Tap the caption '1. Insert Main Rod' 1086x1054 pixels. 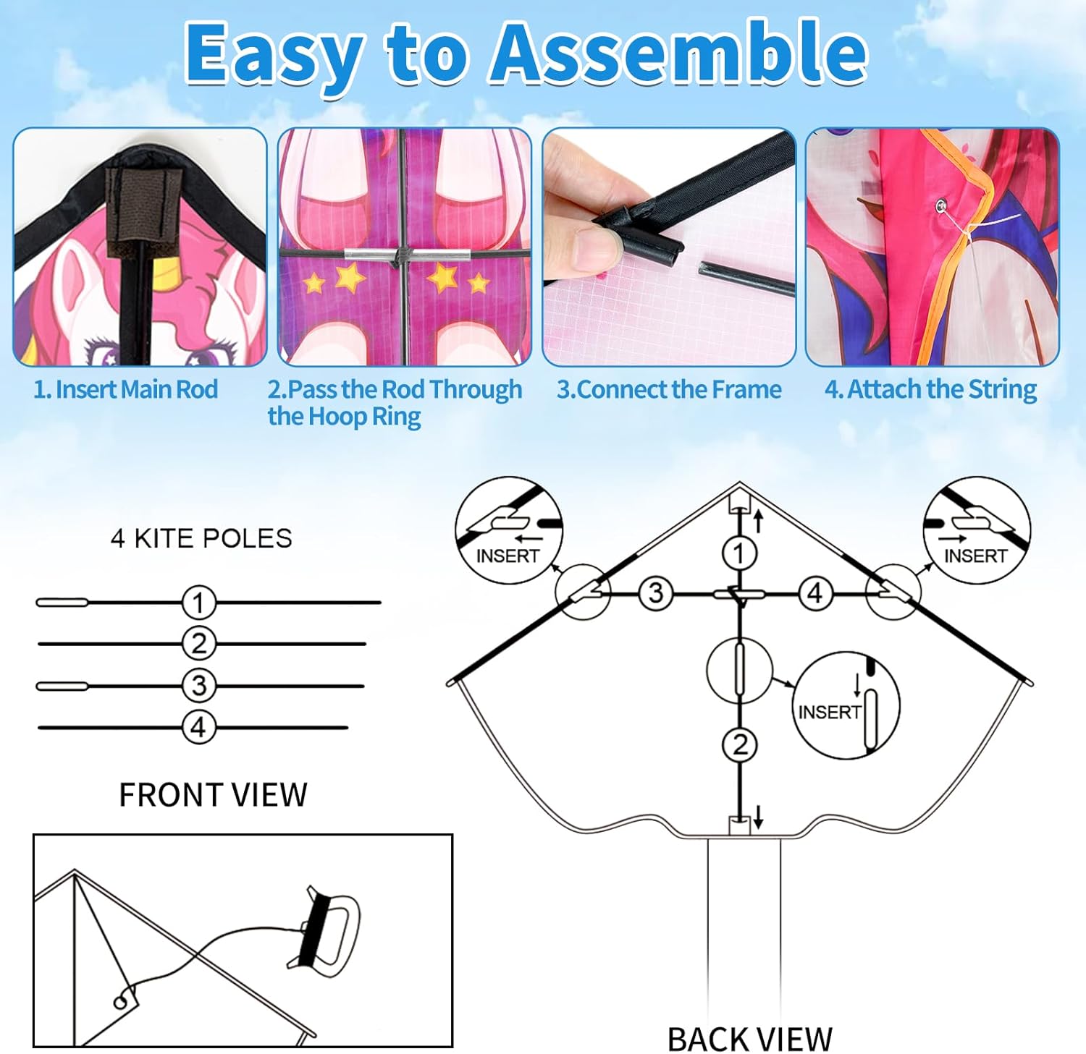pos(126,389)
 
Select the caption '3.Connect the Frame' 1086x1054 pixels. pos(668,389)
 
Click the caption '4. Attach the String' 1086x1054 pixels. pos(930,389)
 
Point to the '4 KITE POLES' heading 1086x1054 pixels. pos(201,538)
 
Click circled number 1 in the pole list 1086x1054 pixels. pos(198,602)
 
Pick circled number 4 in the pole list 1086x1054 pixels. pos(198,727)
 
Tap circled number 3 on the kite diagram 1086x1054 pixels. pos(656,593)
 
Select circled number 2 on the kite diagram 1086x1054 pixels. pos(740,744)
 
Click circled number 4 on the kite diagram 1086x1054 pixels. pos(815,593)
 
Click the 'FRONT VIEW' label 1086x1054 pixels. pos(213,795)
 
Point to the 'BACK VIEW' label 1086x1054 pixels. pos(749,1040)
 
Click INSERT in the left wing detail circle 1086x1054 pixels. pos(508,556)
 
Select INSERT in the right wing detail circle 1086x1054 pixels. pos(975,556)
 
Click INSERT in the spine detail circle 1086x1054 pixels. pos(829,713)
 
